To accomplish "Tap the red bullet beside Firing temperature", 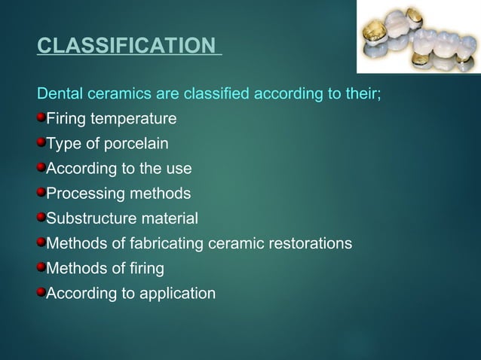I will click(41, 118).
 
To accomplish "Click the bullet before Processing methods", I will click(41, 193).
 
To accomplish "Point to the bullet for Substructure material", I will click(41, 218).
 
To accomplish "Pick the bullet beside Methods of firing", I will click(41, 267).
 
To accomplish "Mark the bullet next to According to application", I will click(41, 292).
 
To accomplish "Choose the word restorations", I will click(308, 243).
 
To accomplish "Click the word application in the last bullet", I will click(177, 294).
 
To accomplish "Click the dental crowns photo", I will click(418, 36).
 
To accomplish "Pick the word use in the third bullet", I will click(179, 169).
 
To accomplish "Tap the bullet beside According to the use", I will click(41, 168).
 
